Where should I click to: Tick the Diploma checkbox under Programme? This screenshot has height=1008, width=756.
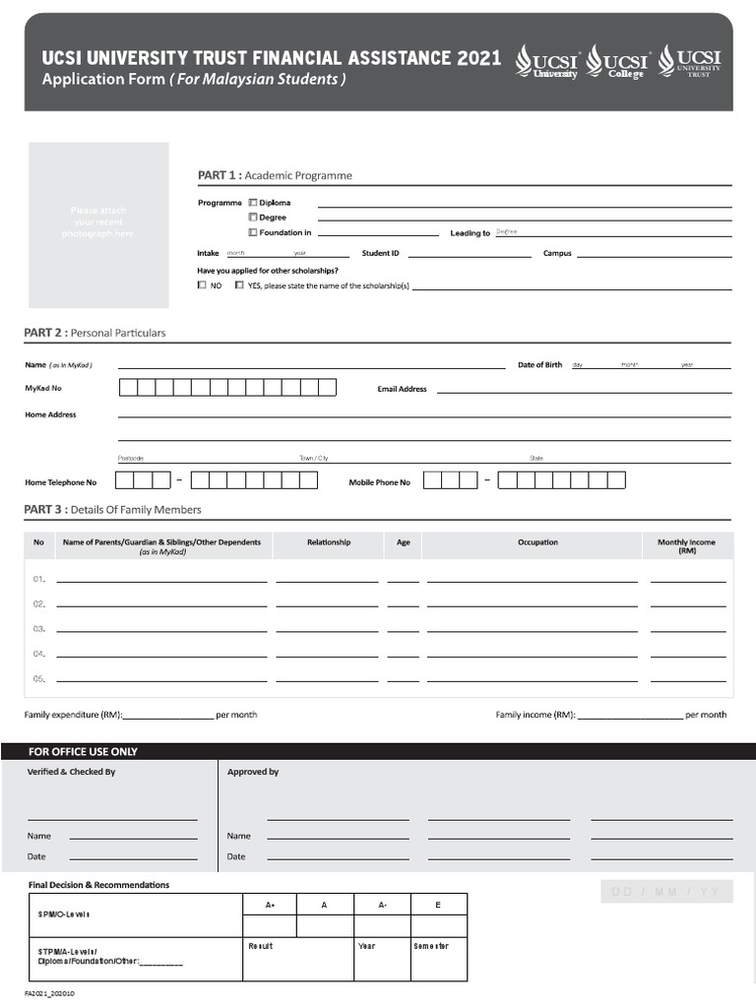click(x=253, y=203)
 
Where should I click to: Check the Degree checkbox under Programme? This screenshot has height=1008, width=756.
click(x=253, y=218)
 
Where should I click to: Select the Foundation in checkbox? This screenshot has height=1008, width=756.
click(x=253, y=233)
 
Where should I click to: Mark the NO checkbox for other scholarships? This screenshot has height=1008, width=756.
click(x=202, y=285)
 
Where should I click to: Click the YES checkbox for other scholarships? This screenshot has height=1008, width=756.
click(x=239, y=285)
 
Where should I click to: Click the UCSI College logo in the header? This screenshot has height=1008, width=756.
click(x=617, y=62)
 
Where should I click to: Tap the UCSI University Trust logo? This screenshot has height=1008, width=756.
click(x=690, y=61)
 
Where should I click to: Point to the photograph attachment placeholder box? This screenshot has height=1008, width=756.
click(x=98, y=224)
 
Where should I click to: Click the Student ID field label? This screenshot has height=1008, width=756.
click(x=380, y=253)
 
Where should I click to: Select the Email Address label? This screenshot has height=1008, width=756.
click(x=402, y=389)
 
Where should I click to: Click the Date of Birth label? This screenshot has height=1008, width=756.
click(x=539, y=365)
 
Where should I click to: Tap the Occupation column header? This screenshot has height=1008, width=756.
click(x=537, y=542)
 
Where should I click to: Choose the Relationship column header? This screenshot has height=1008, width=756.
click(x=329, y=542)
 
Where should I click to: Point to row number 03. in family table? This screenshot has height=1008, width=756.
click(x=39, y=628)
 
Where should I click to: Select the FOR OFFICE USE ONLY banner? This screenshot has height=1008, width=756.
click(x=83, y=751)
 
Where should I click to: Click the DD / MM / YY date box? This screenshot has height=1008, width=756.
click(x=666, y=893)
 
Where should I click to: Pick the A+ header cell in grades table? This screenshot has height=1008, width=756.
click(x=270, y=905)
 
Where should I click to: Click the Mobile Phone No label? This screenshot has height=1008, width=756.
click(x=380, y=482)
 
